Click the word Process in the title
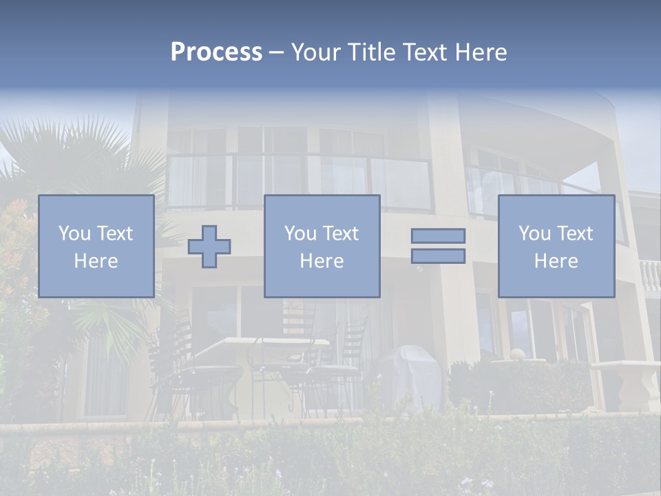click(216, 52)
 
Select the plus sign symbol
click(209, 247)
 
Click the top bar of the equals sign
click(438, 236)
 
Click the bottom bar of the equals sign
click(438, 256)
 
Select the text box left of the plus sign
click(96, 246)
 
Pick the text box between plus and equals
click(322, 246)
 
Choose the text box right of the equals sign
click(556, 246)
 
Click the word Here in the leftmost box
click(96, 261)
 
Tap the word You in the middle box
click(300, 234)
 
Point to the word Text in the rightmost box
click(575, 234)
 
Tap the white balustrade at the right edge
click(650, 276)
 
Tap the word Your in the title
click(317, 52)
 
